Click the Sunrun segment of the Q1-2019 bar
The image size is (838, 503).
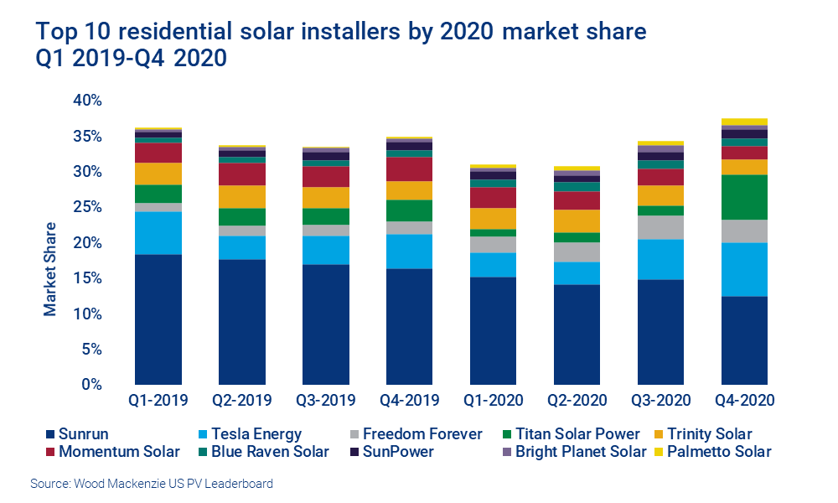158,319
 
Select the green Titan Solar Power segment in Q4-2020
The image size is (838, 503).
745,197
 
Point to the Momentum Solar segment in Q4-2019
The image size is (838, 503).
410,169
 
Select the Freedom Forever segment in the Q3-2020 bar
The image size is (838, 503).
661,227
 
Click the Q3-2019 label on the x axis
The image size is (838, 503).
326,400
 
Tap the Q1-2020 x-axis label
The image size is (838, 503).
494,400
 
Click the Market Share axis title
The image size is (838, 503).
50,269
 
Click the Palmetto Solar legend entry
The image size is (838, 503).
717,453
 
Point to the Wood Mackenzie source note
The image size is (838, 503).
151,484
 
